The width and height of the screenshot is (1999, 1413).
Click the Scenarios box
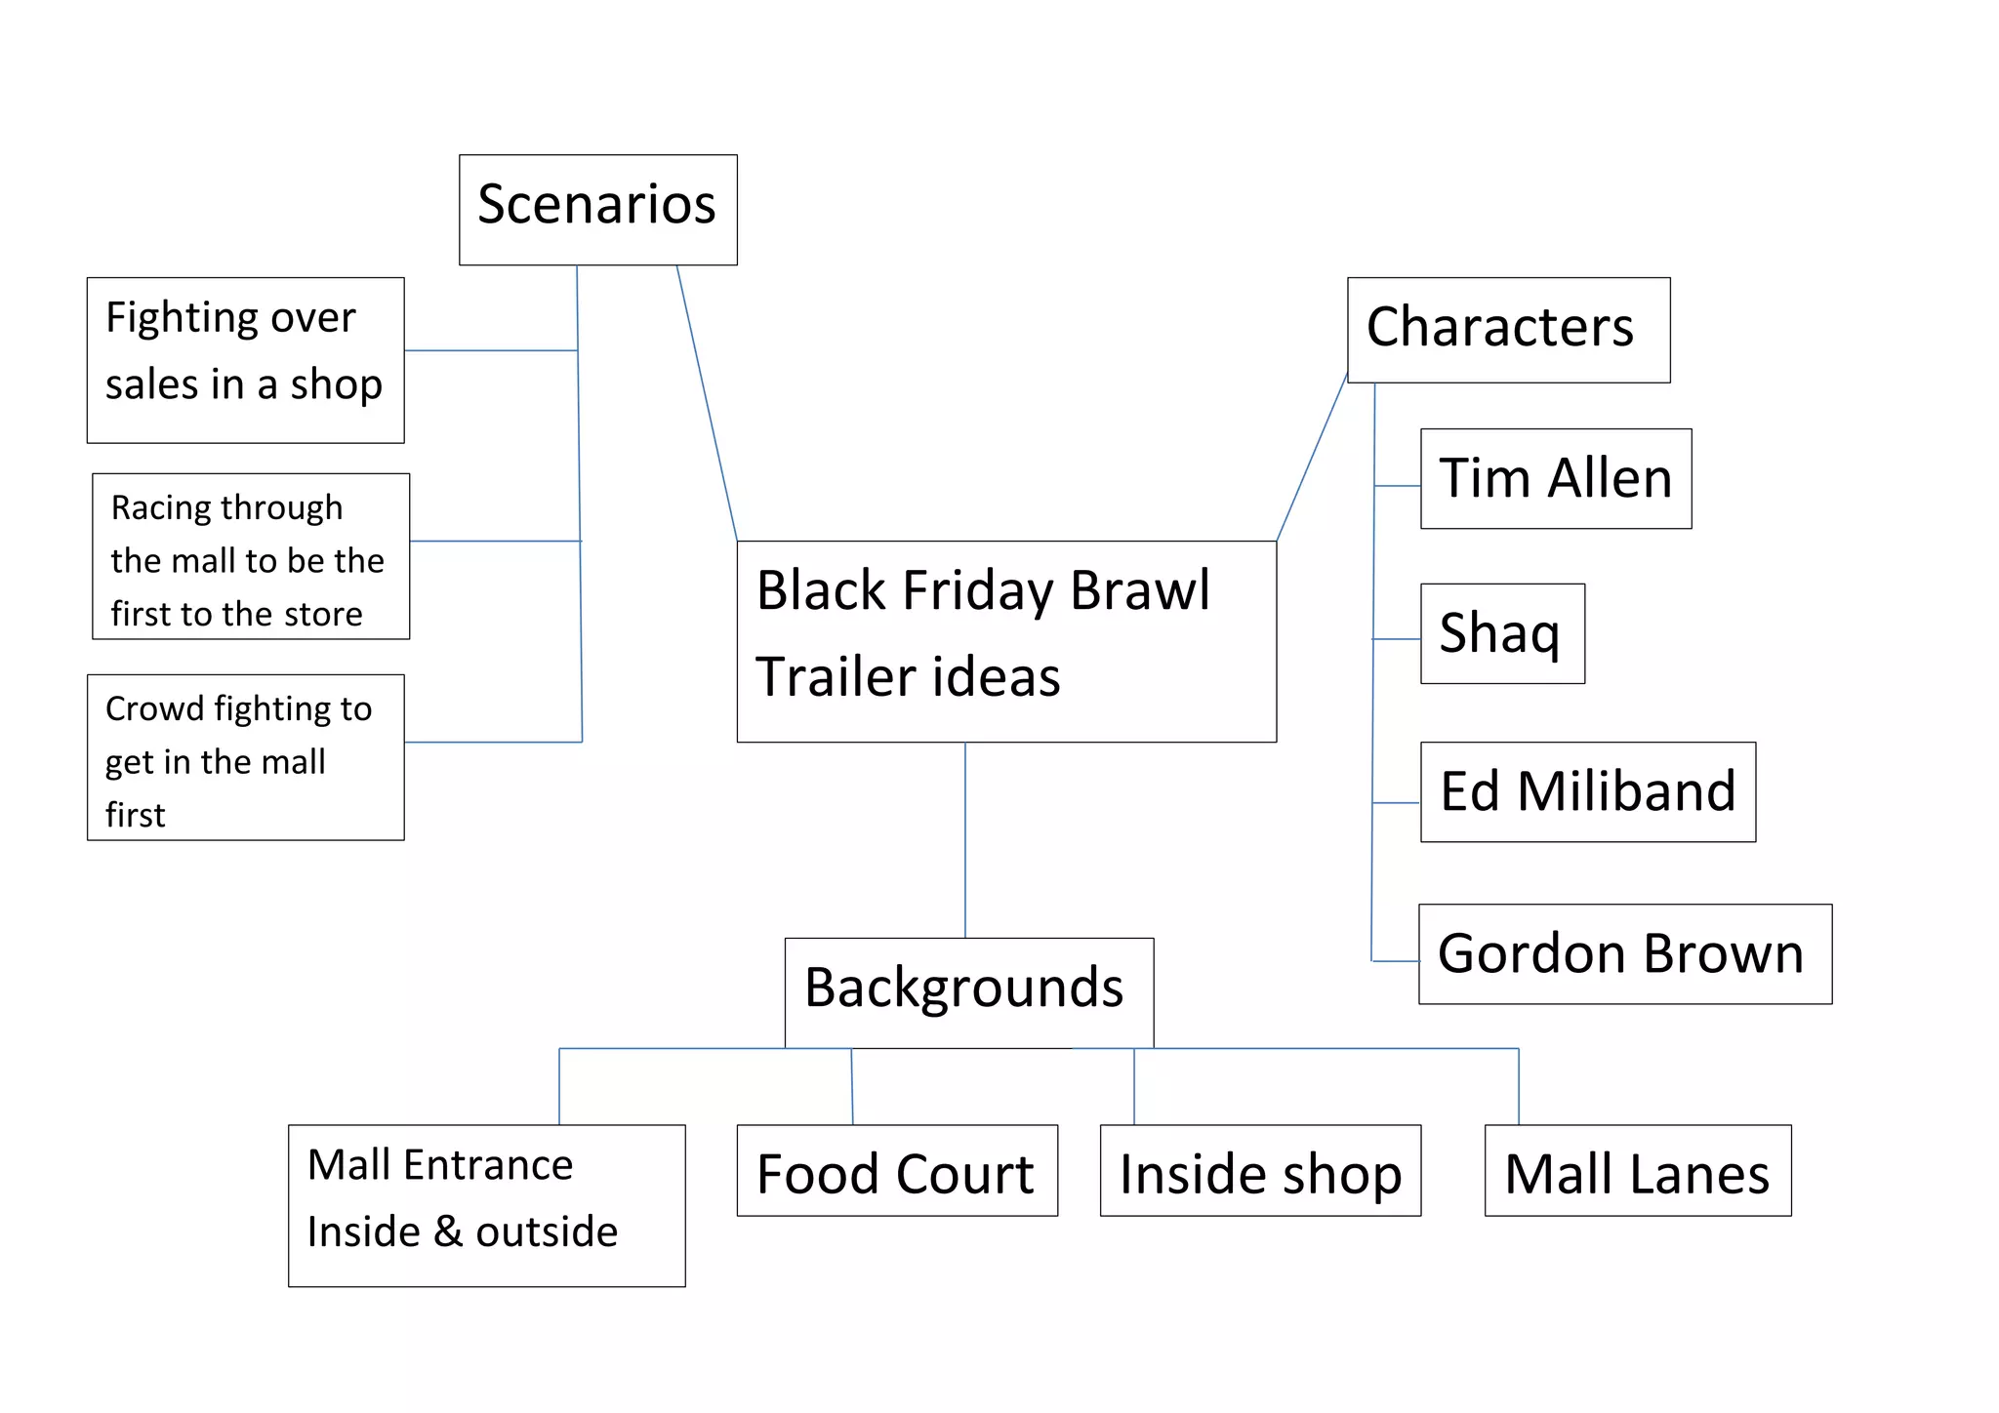click(597, 209)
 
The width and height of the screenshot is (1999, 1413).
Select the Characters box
click(1507, 330)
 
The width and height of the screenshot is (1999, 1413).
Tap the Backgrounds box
click(968, 991)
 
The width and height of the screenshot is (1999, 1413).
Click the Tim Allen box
click(1555, 478)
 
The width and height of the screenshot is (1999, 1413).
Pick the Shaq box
click(1501, 633)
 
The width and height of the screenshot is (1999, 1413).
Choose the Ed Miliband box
click(1587, 791)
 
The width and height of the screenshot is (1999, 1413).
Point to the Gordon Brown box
click(1624, 953)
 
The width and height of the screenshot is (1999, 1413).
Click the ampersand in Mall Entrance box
click(448, 1231)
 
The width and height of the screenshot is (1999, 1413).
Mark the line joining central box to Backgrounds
click(965, 839)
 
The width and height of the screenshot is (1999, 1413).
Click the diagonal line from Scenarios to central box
click(707, 402)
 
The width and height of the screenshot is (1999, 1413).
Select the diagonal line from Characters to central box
click(1312, 457)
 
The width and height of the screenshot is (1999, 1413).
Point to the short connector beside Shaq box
click(1397, 639)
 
